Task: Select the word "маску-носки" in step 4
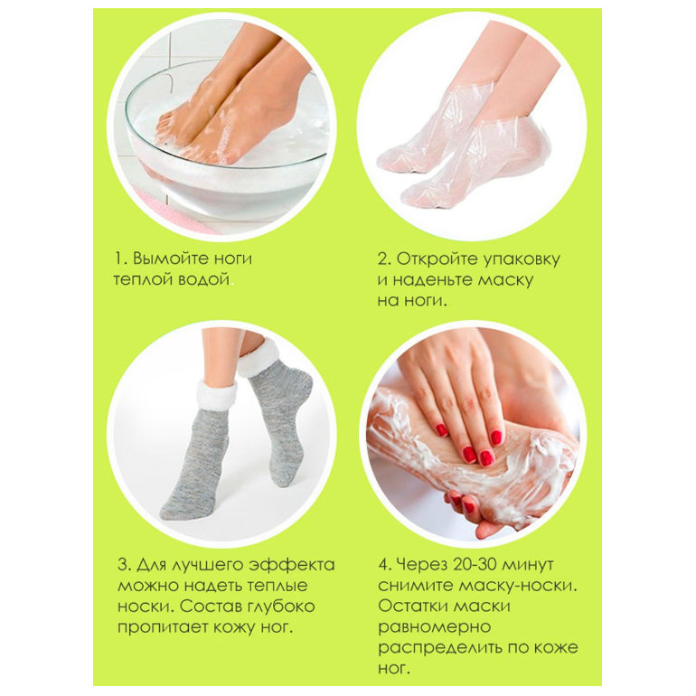pyautogui.click(x=518, y=586)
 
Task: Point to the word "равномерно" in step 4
pyautogui.click(x=435, y=627)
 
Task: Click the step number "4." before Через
pyautogui.click(x=385, y=565)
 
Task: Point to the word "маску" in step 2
pyautogui.click(x=505, y=280)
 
